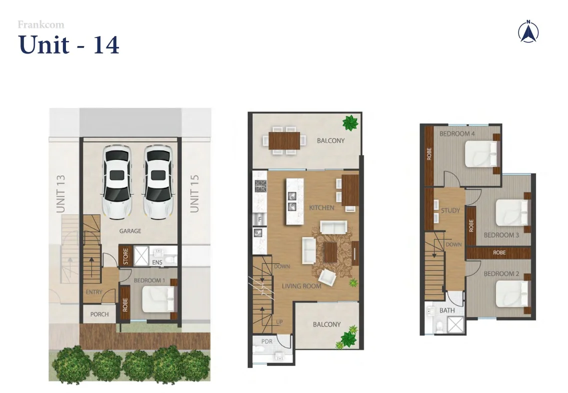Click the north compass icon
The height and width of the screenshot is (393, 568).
pyautogui.click(x=528, y=32)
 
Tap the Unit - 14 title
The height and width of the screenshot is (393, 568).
pyautogui.click(x=69, y=45)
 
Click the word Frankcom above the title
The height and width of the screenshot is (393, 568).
pyautogui.click(x=41, y=24)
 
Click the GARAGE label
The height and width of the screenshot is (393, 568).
pyautogui.click(x=130, y=231)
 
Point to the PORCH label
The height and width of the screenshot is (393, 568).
pyautogui.click(x=99, y=314)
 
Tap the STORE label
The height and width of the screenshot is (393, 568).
pyautogui.click(x=126, y=256)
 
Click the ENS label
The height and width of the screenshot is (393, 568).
pyautogui.click(x=157, y=262)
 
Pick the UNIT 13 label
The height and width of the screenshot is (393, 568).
pyautogui.click(x=61, y=194)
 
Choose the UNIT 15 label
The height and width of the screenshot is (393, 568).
pyautogui.click(x=195, y=194)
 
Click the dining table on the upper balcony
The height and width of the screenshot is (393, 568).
pyautogui.click(x=285, y=139)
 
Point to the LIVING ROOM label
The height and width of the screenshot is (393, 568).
pyautogui.click(x=301, y=286)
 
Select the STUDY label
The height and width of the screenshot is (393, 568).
pyautogui.click(x=450, y=210)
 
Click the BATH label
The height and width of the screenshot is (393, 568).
pyautogui.click(x=447, y=310)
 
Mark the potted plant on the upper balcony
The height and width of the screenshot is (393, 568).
pyautogui.click(x=350, y=122)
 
